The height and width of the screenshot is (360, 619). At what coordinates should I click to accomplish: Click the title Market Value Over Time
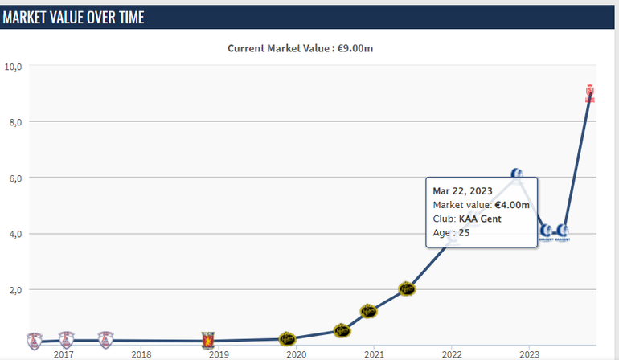pos(73,17)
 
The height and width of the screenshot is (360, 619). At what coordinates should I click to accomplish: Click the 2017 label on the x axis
pos(64,354)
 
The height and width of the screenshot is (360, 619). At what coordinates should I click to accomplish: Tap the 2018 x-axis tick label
pos(141,354)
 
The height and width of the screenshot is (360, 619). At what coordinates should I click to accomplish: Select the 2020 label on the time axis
pos(297,354)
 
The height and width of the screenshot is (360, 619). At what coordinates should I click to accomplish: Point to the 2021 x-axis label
pos(374,354)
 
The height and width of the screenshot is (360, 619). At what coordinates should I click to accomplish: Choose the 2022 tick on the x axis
pos(452,354)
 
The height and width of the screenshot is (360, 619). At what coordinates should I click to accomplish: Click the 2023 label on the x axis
pos(529,354)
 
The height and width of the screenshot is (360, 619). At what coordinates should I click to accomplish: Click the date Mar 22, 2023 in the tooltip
pos(462,191)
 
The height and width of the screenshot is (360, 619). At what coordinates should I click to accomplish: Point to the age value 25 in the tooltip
pos(464,233)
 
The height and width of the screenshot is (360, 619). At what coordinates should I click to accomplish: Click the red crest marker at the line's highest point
pos(590,93)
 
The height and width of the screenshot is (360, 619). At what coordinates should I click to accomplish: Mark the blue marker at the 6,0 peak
pos(517,174)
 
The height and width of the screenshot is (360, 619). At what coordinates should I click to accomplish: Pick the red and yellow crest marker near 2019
pos(208,341)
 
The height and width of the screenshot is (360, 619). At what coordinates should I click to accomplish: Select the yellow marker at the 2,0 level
pos(407,289)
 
